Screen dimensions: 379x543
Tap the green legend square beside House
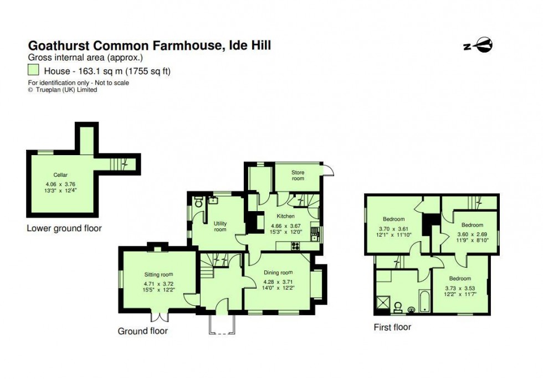(x=34, y=70)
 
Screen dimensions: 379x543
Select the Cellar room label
(x=60, y=175)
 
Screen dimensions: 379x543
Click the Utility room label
(x=220, y=226)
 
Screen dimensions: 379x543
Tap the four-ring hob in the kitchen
(x=295, y=246)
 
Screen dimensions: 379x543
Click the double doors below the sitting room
(x=159, y=317)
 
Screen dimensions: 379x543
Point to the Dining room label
(x=278, y=273)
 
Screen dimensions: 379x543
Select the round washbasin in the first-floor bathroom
(x=412, y=309)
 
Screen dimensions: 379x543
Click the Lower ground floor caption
(x=64, y=228)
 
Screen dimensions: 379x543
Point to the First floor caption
(x=392, y=327)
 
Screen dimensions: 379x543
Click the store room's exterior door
(x=327, y=171)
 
